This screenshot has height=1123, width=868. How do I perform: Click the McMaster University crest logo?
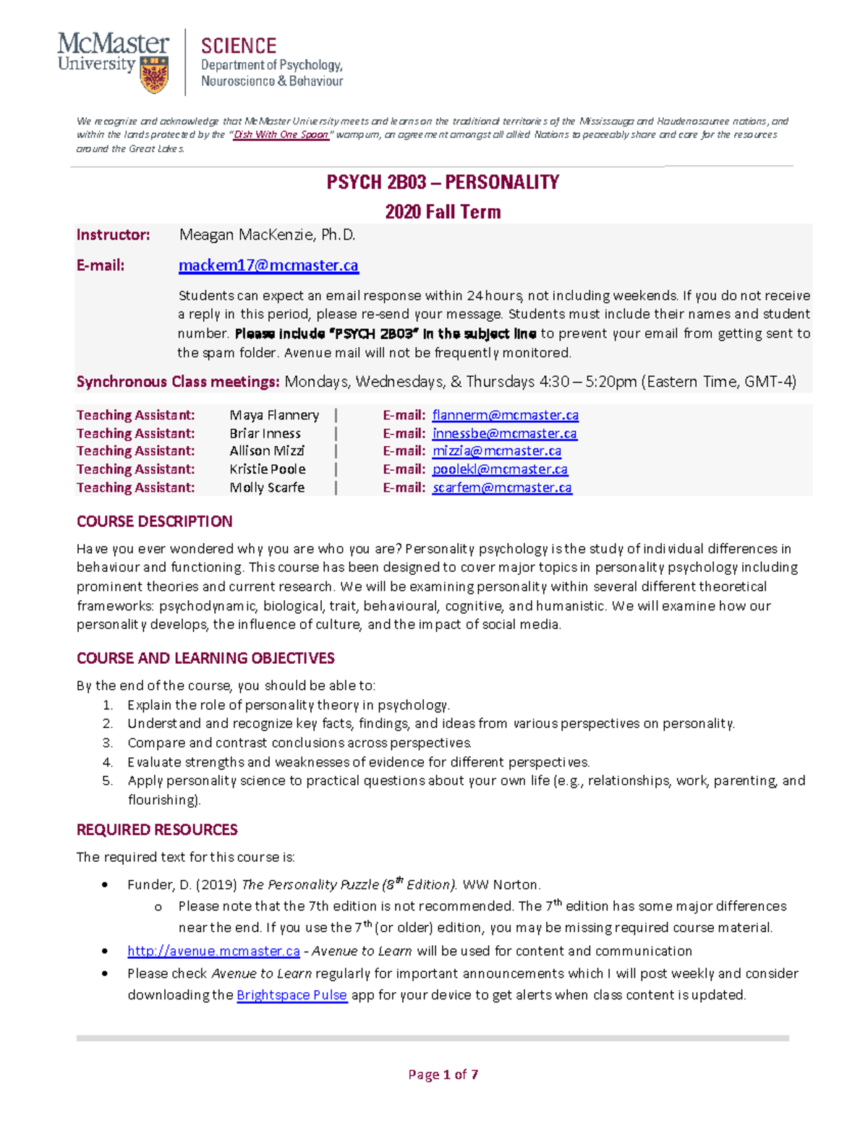[154, 76]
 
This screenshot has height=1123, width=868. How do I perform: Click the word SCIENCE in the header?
[239, 46]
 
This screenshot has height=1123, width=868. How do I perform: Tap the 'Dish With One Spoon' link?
[281, 134]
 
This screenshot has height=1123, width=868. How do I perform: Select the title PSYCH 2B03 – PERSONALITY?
[443, 182]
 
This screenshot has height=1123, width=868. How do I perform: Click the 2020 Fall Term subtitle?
[443, 212]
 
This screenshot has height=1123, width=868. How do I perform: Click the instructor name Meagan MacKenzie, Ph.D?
[267, 235]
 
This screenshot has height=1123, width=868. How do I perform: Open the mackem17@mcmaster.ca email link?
[268, 265]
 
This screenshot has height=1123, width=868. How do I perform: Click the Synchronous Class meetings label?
[178, 382]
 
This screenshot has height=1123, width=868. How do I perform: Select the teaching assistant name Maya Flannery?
[274, 415]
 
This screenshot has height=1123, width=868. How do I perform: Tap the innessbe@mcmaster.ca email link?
[504, 433]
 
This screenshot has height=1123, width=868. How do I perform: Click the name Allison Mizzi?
[267, 451]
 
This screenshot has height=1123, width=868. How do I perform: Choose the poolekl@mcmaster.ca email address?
[500, 469]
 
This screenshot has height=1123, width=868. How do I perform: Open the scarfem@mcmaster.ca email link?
[502, 487]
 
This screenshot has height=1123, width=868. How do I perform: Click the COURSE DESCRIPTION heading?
[155, 521]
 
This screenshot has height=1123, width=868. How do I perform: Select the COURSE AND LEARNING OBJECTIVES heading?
[205, 658]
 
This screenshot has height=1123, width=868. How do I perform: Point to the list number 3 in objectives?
[107, 743]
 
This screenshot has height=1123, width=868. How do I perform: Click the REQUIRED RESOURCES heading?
[157, 829]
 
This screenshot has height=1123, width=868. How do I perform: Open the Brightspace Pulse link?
[292, 995]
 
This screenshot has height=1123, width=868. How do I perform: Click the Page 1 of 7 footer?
[443, 1075]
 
